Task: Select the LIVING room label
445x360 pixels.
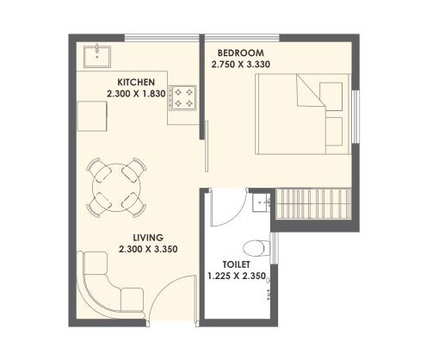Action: click(x=136, y=238)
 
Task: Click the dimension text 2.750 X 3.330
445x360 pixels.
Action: click(x=247, y=63)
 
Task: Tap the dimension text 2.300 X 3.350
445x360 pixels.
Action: click(x=135, y=250)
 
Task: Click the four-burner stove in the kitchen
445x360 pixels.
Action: click(x=182, y=96)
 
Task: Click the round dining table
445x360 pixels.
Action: click(x=115, y=186)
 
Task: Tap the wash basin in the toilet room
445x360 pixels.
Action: click(x=263, y=205)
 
